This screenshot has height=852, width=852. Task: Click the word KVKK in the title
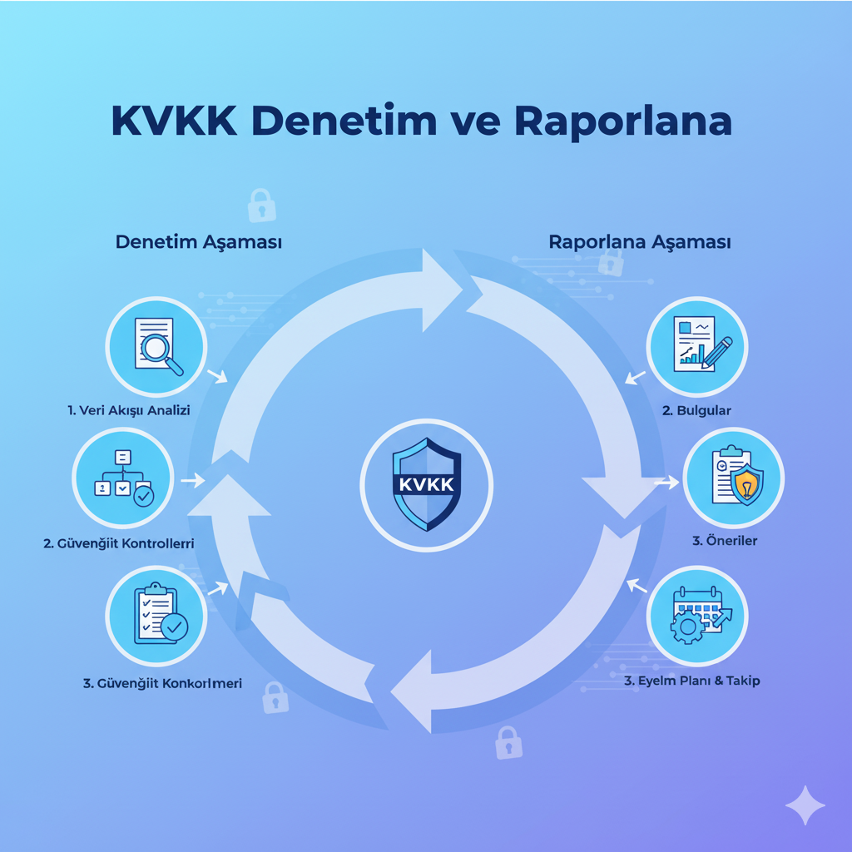(x=173, y=121)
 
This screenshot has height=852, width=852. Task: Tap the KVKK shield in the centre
(x=426, y=485)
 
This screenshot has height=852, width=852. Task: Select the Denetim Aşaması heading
(x=198, y=243)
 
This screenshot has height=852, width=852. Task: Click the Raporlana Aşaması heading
(x=640, y=243)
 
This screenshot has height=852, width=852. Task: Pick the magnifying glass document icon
(x=156, y=345)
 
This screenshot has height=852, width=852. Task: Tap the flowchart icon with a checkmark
(x=122, y=478)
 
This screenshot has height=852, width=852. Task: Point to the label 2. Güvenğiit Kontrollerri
(x=119, y=543)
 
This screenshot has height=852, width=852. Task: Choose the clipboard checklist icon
(x=156, y=616)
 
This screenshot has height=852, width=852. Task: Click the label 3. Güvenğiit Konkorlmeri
(x=162, y=683)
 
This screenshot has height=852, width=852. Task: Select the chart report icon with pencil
(x=697, y=345)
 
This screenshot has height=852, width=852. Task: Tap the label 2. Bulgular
(x=697, y=410)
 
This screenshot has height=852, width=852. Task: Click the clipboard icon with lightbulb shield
(x=733, y=478)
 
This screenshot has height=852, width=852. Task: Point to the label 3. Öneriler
(x=725, y=541)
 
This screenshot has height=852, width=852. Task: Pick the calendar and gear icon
(x=697, y=617)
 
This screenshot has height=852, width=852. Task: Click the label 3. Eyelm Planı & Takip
(x=692, y=681)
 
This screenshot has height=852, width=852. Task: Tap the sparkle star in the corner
(x=805, y=805)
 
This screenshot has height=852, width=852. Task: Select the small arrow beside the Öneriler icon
(x=666, y=481)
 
